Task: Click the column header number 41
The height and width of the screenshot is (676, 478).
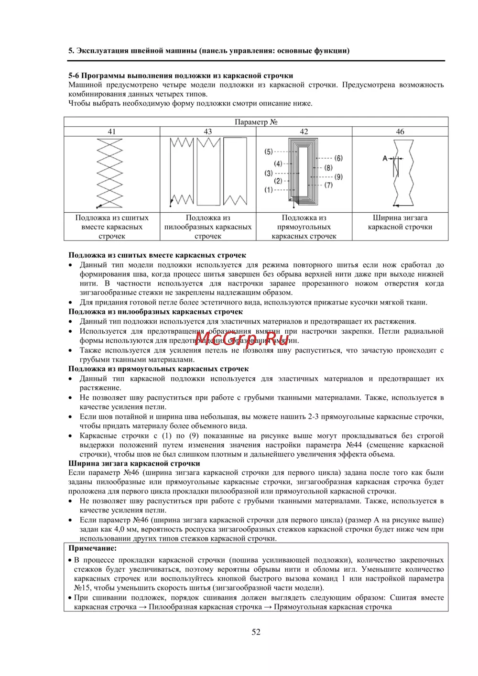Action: [x=111, y=131]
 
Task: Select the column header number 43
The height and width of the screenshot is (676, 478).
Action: [x=208, y=131]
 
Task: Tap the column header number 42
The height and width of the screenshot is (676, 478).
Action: [x=304, y=131]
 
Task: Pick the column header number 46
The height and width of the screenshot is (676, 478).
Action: [x=400, y=131]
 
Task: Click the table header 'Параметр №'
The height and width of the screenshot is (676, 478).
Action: [x=256, y=122]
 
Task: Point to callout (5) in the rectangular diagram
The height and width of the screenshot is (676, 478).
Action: [x=269, y=152]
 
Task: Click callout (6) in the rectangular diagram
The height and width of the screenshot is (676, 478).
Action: [x=338, y=158]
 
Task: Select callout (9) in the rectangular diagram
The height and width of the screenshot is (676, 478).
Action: [x=338, y=176]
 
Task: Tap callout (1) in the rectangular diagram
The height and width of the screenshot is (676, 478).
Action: [x=269, y=190]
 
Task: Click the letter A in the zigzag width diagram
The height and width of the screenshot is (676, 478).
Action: [x=385, y=158]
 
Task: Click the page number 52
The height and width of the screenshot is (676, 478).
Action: [x=256, y=632]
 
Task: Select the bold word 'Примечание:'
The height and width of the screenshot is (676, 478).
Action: [x=92, y=548]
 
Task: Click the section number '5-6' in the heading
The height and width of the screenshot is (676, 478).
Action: [x=74, y=76]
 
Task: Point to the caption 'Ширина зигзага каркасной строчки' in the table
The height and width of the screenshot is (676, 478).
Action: [x=400, y=222]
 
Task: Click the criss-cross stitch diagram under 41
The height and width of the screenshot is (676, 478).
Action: [x=109, y=173]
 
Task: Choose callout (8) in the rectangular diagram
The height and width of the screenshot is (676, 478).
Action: [x=328, y=167]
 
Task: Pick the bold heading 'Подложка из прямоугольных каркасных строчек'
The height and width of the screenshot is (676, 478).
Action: [x=158, y=369]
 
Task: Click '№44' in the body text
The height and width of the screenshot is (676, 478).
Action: [x=354, y=445]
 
